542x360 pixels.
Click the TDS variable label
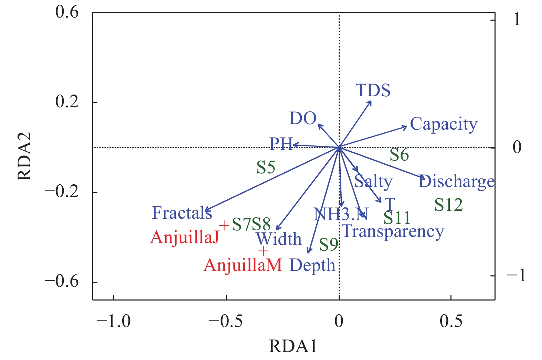(x=373, y=90)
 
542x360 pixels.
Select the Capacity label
(x=444, y=124)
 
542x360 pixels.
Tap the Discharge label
(x=456, y=181)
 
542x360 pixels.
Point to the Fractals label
(x=182, y=213)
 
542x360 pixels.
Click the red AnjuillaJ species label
(x=185, y=237)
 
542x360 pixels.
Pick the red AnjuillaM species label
(x=243, y=265)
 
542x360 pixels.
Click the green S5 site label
(x=266, y=167)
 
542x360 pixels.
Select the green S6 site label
(x=399, y=155)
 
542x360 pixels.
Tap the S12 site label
(x=448, y=205)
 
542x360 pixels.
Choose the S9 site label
(x=329, y=245)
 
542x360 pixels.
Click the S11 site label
(x=397, y=218)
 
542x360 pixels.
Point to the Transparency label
(x=393, y=231)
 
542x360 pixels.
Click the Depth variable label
(x=312, y=265)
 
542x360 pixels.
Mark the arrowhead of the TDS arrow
(x=370, y=102)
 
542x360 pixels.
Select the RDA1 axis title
(x=293, y=346)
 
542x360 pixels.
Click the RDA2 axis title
(x=25, y=156)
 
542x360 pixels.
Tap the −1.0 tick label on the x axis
(x=114, y=321)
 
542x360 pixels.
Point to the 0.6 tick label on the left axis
(x=67, y=13)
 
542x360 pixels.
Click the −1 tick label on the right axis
(x=516, y=275)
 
